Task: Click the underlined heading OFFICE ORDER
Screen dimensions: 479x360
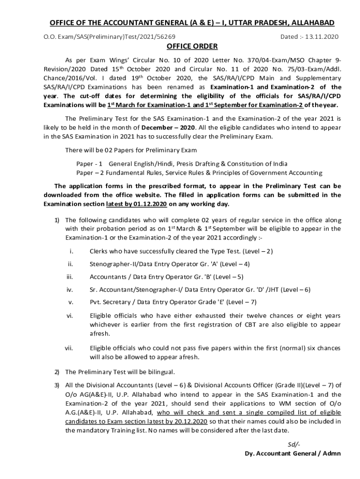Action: [x=192, y=46]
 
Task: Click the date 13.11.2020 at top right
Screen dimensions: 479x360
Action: [x=322, y=36]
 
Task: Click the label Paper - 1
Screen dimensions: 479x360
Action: [x=89, y=164]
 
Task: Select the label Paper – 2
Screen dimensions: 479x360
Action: [x=89, y=172]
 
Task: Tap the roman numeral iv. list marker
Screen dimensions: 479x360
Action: [x=70, y=290]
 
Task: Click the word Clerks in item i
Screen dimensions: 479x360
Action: [x=99, y=251]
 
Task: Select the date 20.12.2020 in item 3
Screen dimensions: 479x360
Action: [x=192, y=421]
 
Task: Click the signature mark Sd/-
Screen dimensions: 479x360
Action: [x=294, y=444]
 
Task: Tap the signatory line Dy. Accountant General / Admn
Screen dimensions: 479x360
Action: [x=293, y=453]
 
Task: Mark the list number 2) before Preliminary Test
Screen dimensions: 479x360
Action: [x=56, y=372]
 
